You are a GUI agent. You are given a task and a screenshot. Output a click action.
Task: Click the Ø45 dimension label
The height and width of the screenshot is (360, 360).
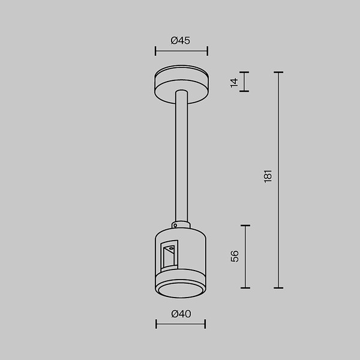click(x=181, y=41)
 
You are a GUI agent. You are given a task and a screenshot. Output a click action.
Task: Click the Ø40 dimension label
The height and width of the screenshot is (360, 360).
click(x=181, y=313)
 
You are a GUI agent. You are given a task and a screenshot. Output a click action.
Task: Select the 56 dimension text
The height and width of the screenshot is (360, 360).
click(x=235, y=256)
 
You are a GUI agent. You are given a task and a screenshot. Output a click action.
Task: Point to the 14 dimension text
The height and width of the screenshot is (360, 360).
click(x=235, y=82)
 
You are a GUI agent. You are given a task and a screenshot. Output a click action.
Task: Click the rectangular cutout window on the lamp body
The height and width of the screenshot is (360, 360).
click(x=169, y=256)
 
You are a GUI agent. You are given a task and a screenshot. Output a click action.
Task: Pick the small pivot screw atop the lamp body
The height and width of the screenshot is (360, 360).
click(x=175, y=226)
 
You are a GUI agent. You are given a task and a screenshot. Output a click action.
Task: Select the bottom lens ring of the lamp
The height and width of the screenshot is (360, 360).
click(x=180, y=289)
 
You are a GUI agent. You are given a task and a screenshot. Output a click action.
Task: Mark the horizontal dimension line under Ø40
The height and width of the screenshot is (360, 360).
click(x=181, y=324)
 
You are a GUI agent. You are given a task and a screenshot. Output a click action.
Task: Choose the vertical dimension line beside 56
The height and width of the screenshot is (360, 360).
click(x=245, y=256)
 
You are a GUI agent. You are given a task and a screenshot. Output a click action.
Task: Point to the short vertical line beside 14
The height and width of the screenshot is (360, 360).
click(x=244, y=82)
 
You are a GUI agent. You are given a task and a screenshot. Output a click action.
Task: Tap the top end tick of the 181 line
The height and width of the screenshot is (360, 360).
click(x=278, y=73)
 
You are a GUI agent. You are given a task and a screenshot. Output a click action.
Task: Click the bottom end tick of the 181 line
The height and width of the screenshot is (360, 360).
click(x=278, y=288)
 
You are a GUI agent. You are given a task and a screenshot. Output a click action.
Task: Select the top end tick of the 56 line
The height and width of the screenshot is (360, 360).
click(x=245, y=226)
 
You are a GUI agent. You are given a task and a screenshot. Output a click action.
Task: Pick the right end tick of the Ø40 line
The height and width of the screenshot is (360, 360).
click(x=205, y=324)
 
